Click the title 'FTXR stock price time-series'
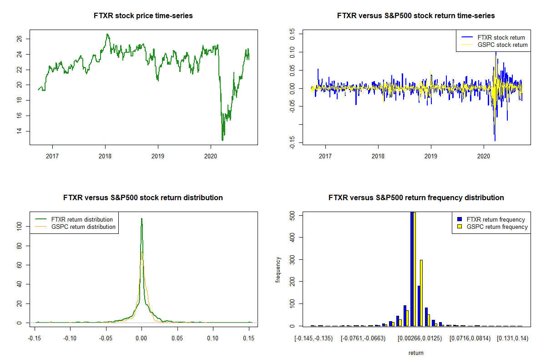pyautogui.click(x=143, y=16)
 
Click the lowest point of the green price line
pyautogui.click(x=222, y=140)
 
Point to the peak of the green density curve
pyautogui.click(x=142, y=219)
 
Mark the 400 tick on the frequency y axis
pyautogui.click(x=292, y=237)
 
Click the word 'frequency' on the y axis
pyautogui.click(x=278, y=269)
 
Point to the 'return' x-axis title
pyautogui.click(x=416, y=353)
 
